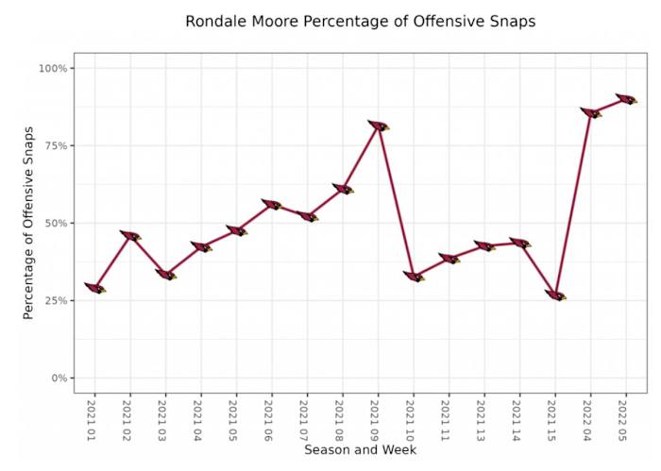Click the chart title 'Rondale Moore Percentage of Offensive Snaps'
[360, 21]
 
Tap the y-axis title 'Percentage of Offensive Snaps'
[28, 223]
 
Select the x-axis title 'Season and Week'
[360, 450]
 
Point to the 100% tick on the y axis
[53, 69]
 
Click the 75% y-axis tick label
[55, 146]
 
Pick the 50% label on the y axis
[55, 224]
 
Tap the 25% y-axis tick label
[55, 301]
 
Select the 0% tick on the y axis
[58, 378]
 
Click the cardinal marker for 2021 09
[378, 126]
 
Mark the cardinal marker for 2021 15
[555, 295]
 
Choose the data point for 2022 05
[626, 99]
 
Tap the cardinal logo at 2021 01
[94, 288]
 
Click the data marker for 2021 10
[414, 277]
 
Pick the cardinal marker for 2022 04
[590, 112]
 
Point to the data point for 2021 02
[130, 235]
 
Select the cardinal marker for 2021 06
[272, 204]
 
